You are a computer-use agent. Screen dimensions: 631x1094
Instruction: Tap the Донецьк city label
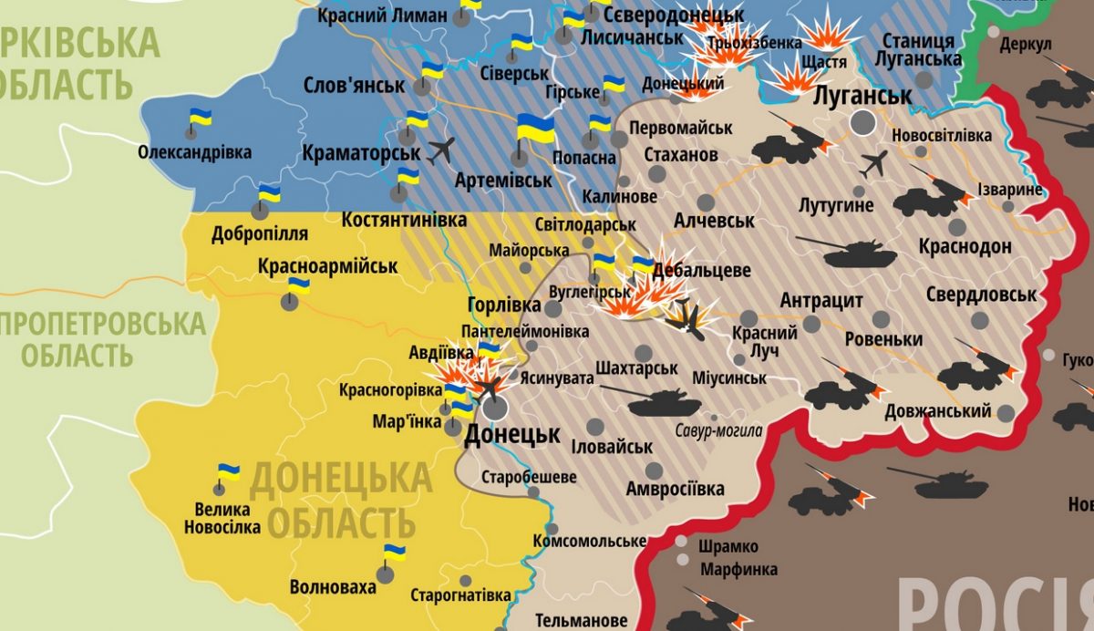tap(511, 434)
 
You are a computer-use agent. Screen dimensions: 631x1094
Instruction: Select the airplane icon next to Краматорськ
tap(441, 149)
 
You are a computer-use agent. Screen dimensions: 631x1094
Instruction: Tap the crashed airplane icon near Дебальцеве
tap(685, 320)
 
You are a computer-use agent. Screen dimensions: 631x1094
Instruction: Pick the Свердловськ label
tap(980, 295)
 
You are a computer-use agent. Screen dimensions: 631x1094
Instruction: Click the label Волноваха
tap(332, 587)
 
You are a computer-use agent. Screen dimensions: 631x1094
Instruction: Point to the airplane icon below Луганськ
tap(874, 164)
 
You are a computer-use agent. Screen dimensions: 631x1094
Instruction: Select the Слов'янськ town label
tap(354, 86)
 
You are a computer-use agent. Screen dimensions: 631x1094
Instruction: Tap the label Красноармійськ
tap(327, 267)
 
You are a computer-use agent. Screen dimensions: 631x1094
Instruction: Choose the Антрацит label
tap(821, 301)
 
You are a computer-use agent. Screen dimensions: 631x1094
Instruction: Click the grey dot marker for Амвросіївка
tap(654, 471)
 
